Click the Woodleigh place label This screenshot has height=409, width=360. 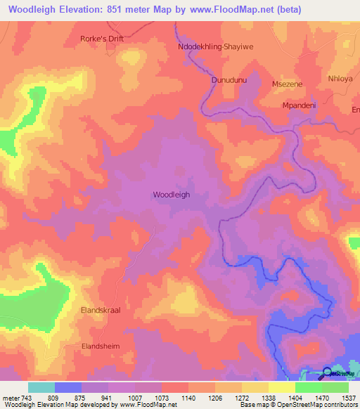(x=172, y=195)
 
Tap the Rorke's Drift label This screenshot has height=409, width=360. (x=102, y=39)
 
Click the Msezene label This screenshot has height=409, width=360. (x=286, y=84)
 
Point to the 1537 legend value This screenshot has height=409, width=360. (x=348, y=397)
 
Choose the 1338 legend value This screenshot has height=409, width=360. (x=269, y=397)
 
